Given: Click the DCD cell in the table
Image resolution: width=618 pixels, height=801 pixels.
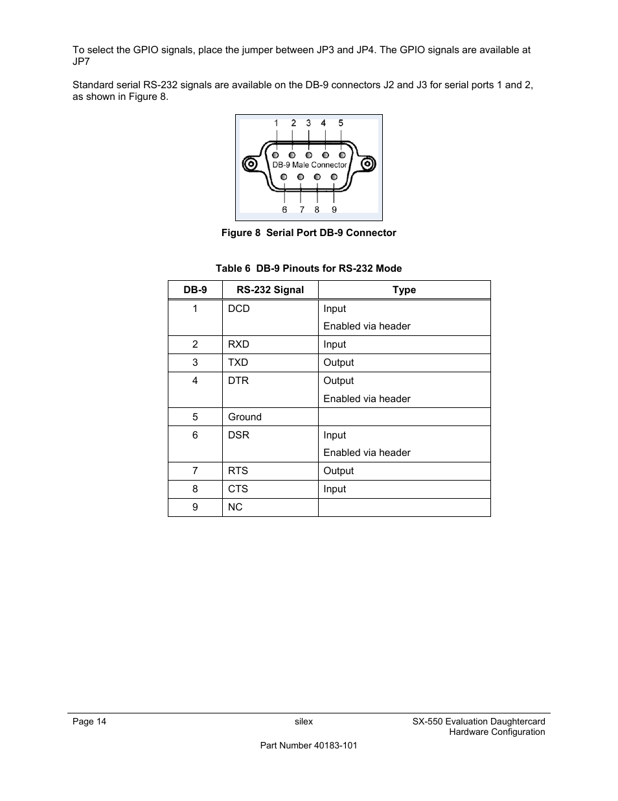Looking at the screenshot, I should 239,309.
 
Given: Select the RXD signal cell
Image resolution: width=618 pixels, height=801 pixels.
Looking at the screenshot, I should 238,344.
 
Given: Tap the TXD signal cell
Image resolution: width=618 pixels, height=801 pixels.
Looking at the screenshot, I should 238,363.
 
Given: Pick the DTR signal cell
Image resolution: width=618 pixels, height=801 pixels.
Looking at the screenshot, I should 238,381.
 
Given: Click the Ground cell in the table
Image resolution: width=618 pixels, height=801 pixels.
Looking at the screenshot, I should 245,417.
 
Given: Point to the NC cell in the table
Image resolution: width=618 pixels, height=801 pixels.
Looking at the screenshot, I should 235,507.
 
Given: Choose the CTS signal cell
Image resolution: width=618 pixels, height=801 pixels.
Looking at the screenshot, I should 238,489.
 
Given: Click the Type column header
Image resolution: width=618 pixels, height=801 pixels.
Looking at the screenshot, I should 404,290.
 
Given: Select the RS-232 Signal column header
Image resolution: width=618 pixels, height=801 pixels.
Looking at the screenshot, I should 270,290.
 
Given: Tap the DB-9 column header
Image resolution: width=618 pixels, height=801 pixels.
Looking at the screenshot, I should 195,290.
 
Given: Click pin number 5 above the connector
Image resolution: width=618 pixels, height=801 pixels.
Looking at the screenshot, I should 341,123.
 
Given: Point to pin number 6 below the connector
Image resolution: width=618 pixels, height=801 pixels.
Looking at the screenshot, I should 284,209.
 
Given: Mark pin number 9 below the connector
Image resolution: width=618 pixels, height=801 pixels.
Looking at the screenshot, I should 334,209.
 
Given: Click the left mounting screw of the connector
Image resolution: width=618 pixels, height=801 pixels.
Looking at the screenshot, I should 250,164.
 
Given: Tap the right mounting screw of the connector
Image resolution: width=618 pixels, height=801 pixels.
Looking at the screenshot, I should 367,164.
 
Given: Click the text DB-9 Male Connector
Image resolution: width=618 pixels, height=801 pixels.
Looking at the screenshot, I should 309,165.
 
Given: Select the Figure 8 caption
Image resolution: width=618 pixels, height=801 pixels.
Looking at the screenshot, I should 308,233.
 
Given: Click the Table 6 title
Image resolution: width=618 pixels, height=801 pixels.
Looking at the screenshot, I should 308,269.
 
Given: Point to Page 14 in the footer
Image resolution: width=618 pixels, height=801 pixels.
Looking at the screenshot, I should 89,722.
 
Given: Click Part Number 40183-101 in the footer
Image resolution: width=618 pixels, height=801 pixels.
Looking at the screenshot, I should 308,746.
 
